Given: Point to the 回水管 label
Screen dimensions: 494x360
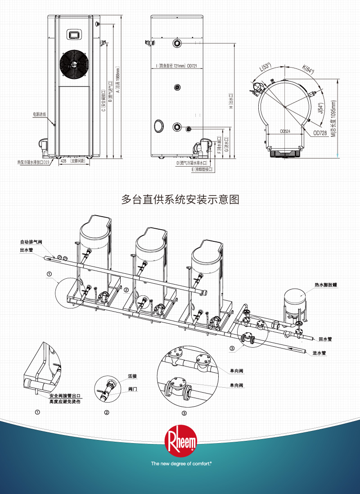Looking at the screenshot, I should (325, 339).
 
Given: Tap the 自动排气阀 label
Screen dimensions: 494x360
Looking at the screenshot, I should (31, 241).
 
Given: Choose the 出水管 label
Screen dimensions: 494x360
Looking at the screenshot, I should (26, 249).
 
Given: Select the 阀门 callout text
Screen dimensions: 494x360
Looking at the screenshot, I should (132, 389).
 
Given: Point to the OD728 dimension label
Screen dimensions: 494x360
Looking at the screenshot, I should (319, 133).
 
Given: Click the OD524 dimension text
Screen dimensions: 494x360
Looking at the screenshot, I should (285, 131).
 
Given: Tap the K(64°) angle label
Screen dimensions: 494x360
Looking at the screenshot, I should (308, 70).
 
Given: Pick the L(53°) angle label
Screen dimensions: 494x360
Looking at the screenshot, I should (266, 68).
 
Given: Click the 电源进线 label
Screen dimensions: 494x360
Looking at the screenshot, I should (40, 114).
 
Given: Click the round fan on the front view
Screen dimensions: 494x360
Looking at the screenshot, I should (73, 65).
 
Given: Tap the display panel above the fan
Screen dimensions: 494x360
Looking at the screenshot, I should (73, 34).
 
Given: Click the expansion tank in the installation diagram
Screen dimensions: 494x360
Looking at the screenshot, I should (295, 303).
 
